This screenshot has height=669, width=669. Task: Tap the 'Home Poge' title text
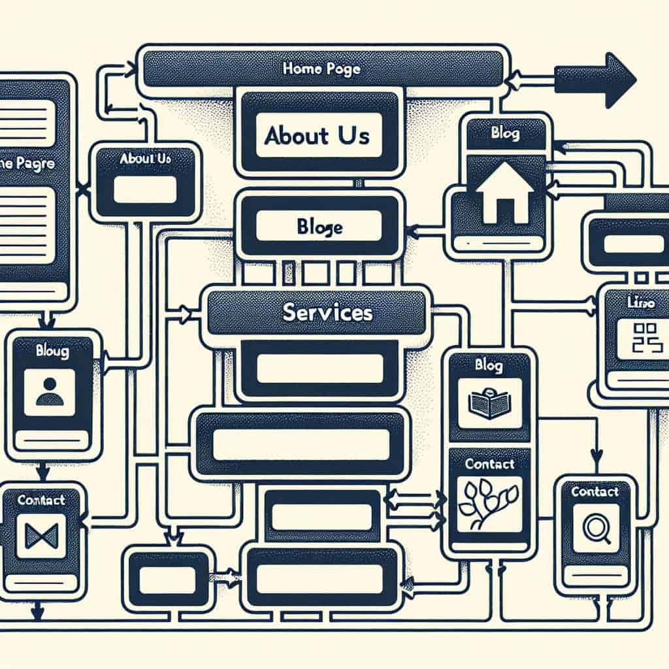click(x=321, y=69)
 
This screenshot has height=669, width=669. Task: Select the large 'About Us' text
click(x=317, y=135)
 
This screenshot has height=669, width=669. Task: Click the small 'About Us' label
click(x=146, y=158)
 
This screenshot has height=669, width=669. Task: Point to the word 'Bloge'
click(x=319, y=227)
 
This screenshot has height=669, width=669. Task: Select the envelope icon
click(x=41, y=534)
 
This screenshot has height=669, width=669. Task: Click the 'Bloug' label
click(x=52, y=352)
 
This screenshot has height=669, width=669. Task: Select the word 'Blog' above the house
click(x=504, y=134)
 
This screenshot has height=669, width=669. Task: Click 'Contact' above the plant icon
click(x=489, y=464)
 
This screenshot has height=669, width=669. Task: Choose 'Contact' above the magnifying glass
click(x=595, y=491)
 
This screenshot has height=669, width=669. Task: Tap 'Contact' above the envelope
click(x=41, y=500)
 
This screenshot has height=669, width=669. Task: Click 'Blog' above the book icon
click(x=489, y=365)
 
